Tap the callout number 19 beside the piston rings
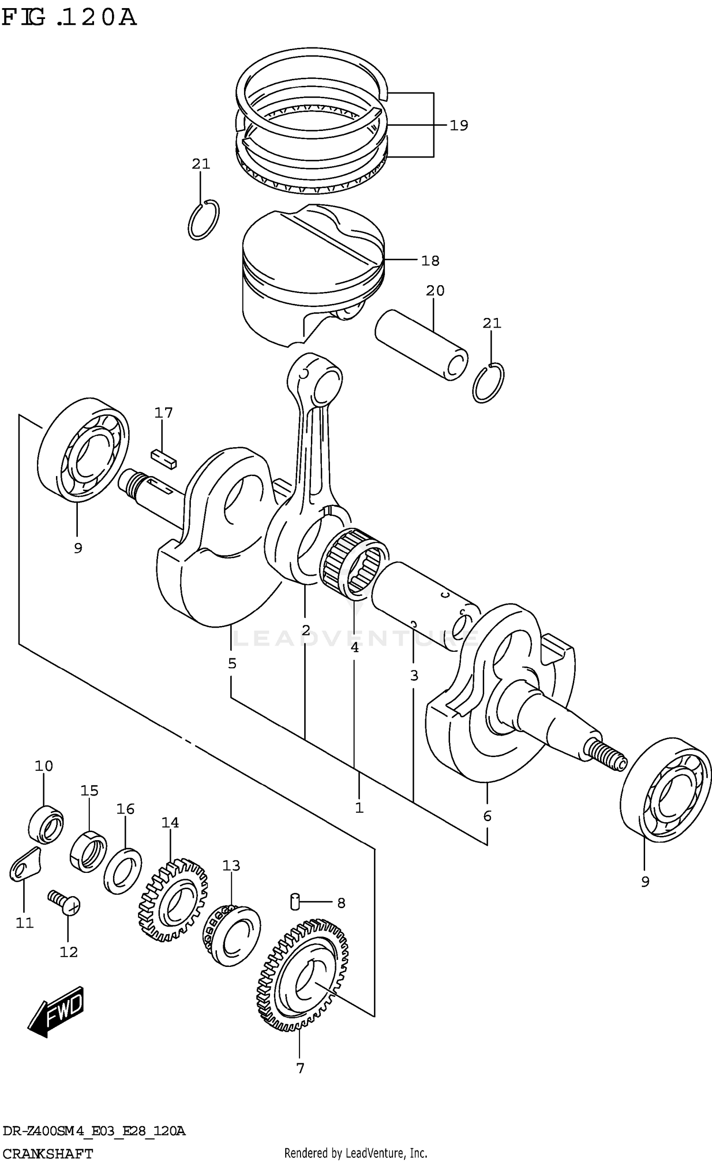coord(459,125)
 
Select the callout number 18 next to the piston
coord(430,261)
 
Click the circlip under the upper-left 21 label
coord(204,220)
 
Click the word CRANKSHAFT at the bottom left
coord(47,1153)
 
